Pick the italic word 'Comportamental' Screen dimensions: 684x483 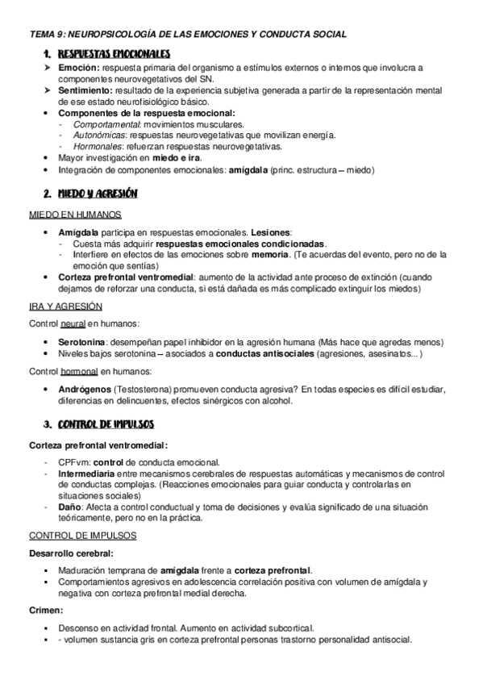point(102,125)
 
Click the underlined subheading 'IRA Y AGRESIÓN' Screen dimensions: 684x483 point(66,307)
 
